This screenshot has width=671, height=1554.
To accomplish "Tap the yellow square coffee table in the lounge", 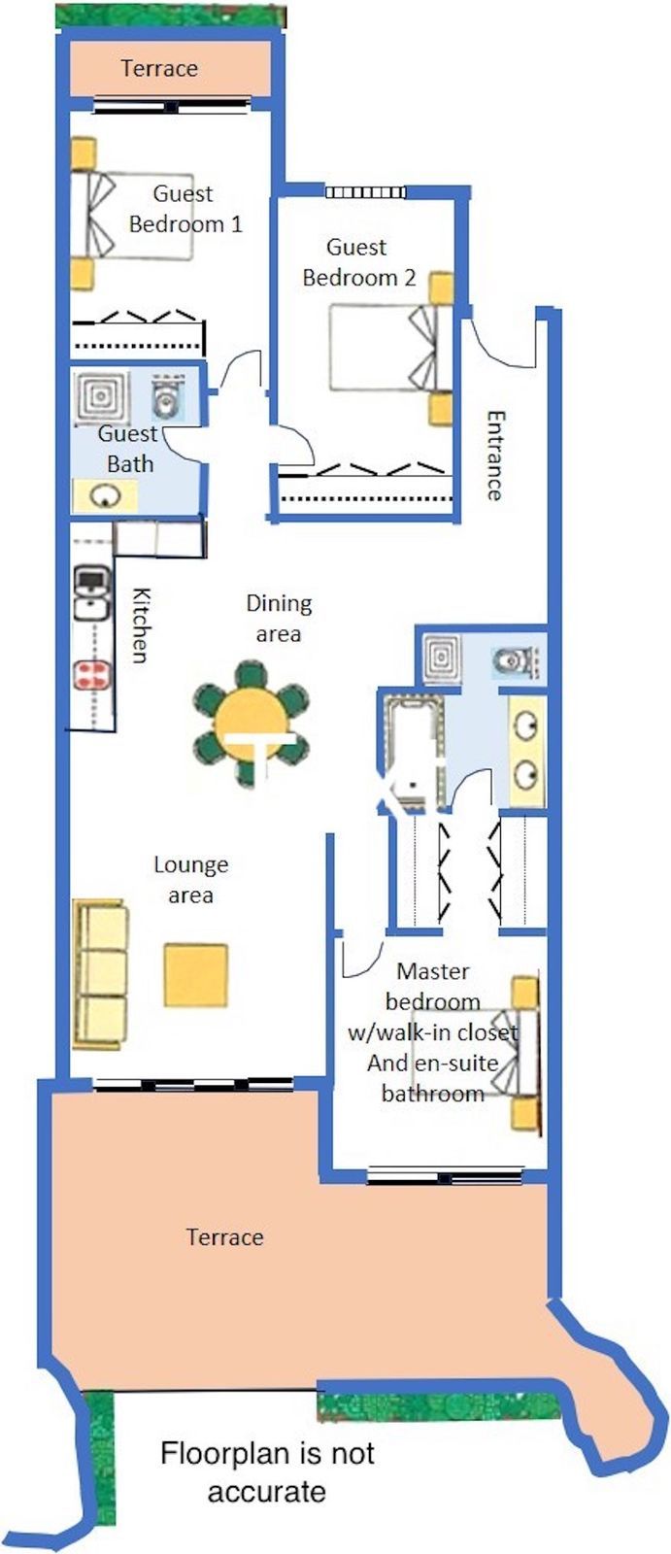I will pyautogui.click(x=195, y=974).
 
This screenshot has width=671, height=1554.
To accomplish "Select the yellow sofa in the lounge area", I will pyautogui.click(x=100, y=974).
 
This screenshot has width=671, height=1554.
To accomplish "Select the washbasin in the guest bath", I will pyautogui.click(x=103, y=496).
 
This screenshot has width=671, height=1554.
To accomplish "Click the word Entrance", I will pyautogui.click(x=495, y=455).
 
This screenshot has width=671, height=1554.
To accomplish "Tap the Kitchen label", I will pyautogui.click(x=141, y=625).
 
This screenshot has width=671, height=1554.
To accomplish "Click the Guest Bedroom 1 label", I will pyautogui.click(x=185, y=209).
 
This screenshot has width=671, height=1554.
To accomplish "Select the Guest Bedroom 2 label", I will pyautogui.click(x=358, y=262).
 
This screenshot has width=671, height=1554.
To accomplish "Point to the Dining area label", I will pyautogui.click(x=279, y=619).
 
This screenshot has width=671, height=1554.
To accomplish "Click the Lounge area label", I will pyautogui.click(x=191, y=879).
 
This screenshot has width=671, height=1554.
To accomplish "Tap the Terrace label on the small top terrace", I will pyautogui.click(x=159, y=69).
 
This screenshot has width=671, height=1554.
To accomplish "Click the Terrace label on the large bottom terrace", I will pyautogui.click(x=224, y=1236).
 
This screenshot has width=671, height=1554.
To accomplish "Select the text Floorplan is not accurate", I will pyautogui.click(x=267, y=1472).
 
